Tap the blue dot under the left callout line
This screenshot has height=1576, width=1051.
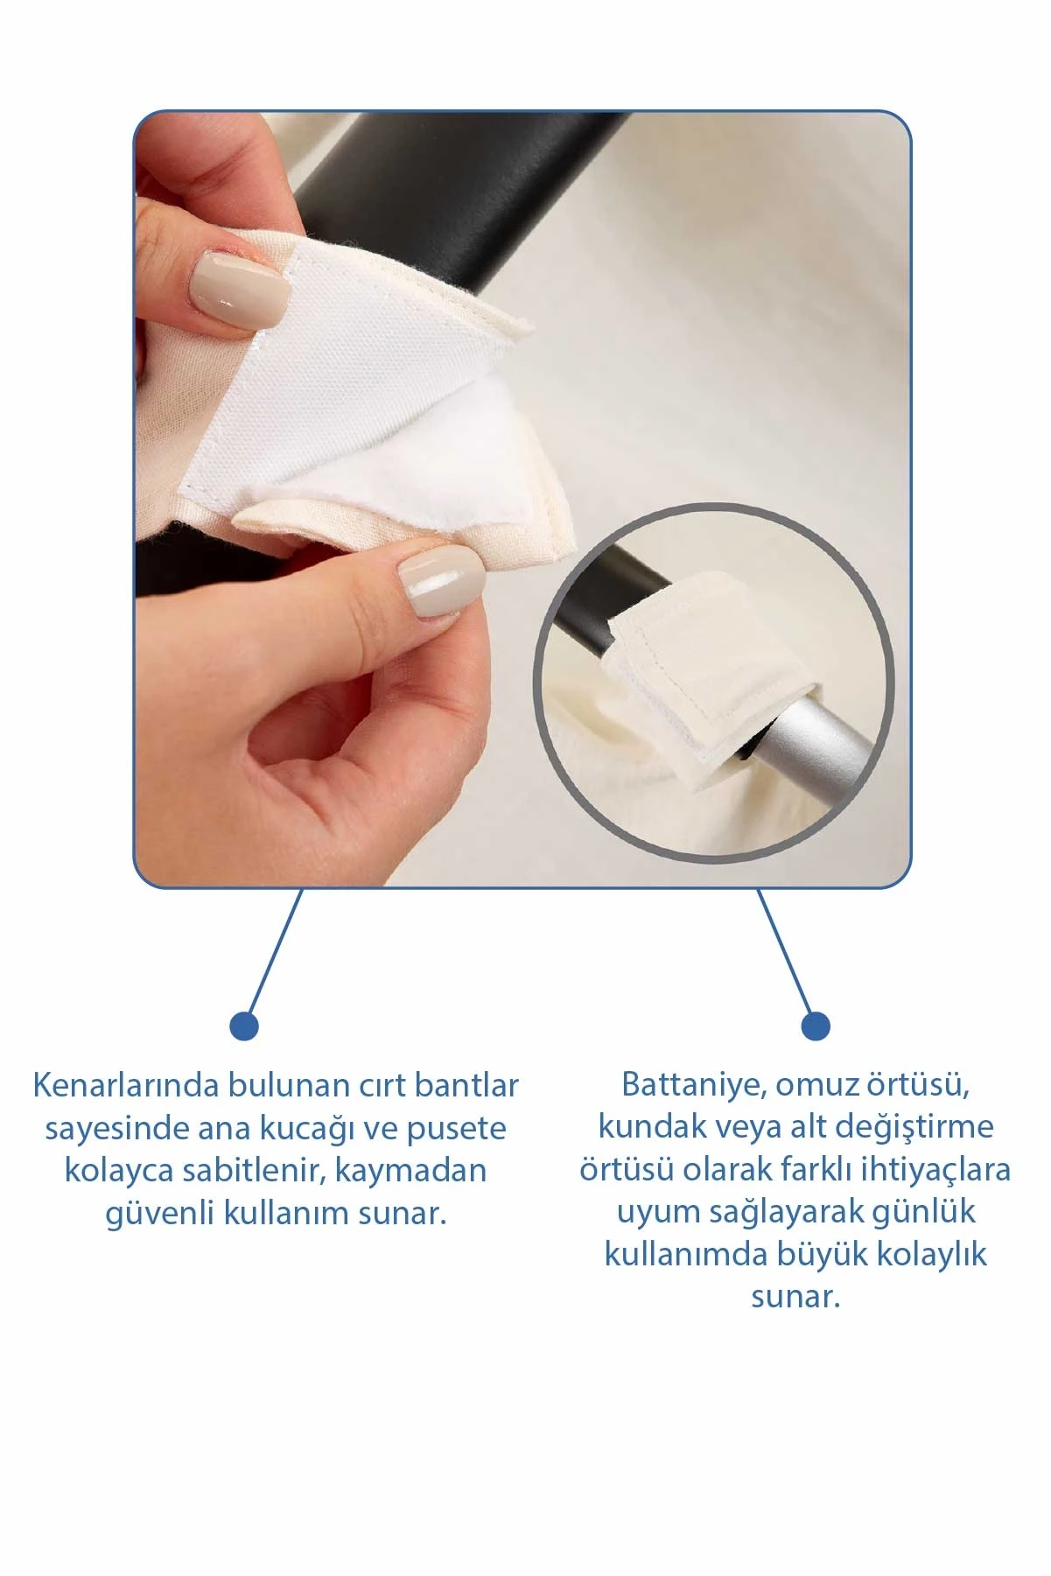pos(244,1026)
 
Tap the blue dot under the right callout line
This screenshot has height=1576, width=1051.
pos(816,1026)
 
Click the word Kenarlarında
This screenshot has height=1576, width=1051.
pos(126,1085)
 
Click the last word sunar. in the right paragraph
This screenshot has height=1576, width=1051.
pos(795,1297)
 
